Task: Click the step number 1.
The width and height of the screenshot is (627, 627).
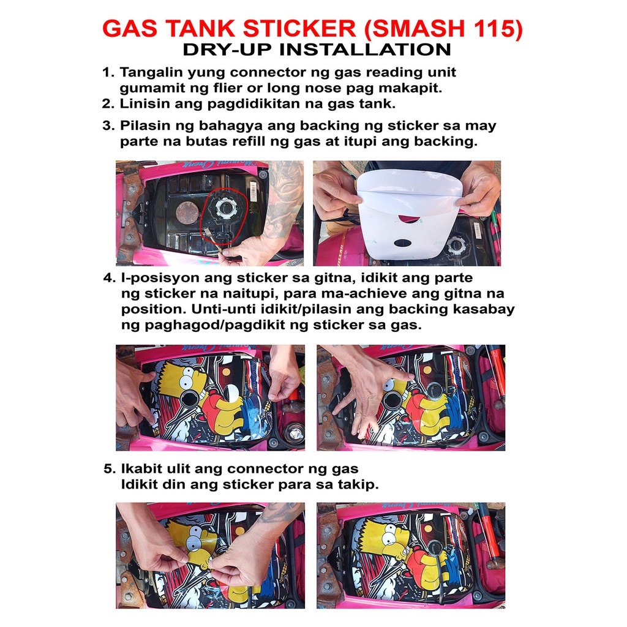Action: click(108, 72)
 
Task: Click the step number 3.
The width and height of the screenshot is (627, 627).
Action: click(108, 126)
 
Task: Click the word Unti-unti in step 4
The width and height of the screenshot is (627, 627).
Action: click(220, 309)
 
